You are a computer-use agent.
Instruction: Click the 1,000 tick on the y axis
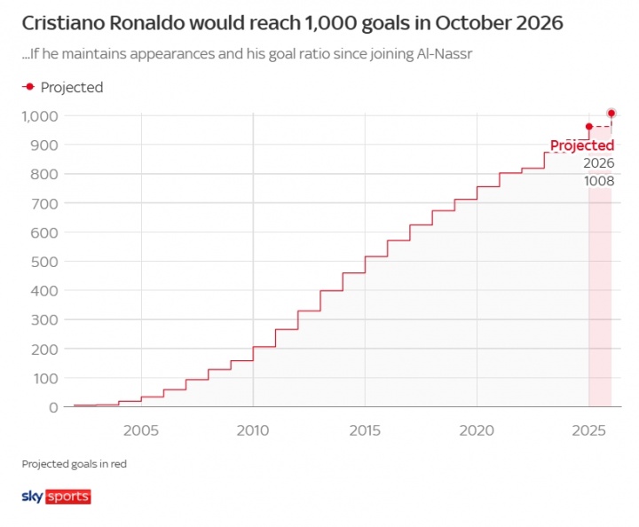point(41,116)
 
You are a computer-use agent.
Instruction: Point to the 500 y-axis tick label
point(46,262)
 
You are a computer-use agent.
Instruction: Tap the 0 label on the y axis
point(54,407)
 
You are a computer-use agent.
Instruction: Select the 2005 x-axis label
point(141,429)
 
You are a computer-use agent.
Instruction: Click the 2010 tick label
point(253,429)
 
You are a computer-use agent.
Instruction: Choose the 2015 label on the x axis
point(365,429)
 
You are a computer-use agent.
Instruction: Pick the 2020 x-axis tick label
point(477,429)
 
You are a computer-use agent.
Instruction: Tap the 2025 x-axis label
point(588,429)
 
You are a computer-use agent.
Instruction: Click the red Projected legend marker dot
point(29,87)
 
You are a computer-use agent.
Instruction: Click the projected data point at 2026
point(611,114)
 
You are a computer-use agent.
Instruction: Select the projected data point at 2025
point(588,126)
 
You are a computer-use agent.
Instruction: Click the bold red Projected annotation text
point(581,146)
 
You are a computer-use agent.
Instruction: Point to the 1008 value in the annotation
point(598,181)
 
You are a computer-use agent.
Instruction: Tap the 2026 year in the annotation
point(598,163)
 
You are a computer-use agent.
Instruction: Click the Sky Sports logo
point(55,496)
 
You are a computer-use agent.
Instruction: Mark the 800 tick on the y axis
point(46,175)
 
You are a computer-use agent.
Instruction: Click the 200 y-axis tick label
point(46,349)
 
